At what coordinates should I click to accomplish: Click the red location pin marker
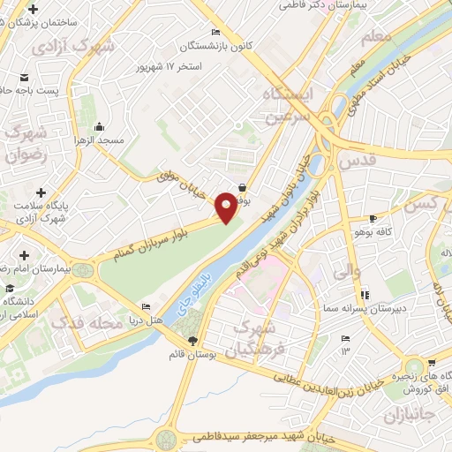226,208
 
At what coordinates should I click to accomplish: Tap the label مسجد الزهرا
98,141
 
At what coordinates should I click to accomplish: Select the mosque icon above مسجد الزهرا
98,125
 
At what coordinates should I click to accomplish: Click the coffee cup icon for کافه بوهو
373,219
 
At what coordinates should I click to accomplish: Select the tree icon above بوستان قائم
193,340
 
